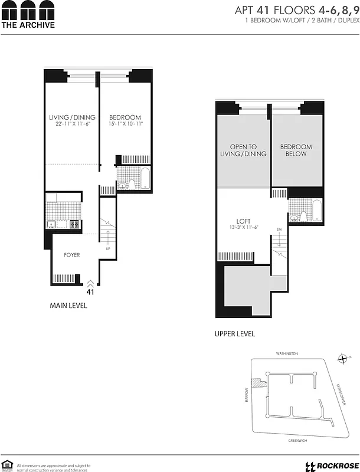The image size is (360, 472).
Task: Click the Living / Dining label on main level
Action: [x=72, y=117]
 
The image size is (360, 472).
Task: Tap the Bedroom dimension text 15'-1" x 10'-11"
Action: [x=125, y=124]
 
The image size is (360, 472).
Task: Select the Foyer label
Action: [x=72, y=255]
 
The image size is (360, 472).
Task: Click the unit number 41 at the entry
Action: [x=90, y=290]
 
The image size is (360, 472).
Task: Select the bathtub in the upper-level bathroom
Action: [x=316, y=211]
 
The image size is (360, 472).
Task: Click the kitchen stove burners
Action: [x=75, y=224]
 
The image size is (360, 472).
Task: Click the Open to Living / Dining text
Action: [x=244, y=150]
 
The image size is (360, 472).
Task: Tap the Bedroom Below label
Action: [x=296, y=150]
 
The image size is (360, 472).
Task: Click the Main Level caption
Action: [x=68, y=306]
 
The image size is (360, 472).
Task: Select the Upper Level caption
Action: [x=235, y=334]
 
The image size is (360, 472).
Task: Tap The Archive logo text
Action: [x=28, y=25]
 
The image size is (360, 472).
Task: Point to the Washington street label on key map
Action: [x=287, y=353]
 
